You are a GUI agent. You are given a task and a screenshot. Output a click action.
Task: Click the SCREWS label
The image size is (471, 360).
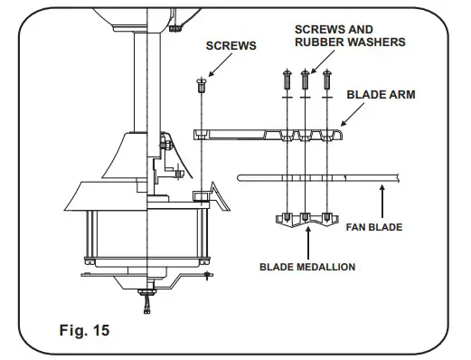tap(231, 46)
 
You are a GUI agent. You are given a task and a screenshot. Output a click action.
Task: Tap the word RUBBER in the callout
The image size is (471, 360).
tap(317, 43)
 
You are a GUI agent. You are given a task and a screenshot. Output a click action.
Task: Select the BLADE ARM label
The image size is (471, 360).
tap(381, 95)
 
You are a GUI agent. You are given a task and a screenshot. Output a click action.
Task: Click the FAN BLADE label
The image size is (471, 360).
tap(374, 227)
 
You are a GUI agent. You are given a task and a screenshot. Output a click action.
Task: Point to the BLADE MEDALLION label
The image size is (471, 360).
tap(307, 267)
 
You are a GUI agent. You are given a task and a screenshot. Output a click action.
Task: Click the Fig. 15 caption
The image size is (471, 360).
tap(84, 330)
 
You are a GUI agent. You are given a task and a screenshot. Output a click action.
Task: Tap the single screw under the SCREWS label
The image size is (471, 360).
tap(202, 85)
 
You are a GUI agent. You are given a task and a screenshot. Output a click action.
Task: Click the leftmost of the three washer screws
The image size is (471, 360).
tap(287, 79)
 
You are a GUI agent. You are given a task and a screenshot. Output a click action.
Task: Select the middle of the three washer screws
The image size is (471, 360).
tap(305, 79)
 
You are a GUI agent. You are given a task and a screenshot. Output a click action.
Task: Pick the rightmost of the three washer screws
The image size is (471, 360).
tap(327, 79)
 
